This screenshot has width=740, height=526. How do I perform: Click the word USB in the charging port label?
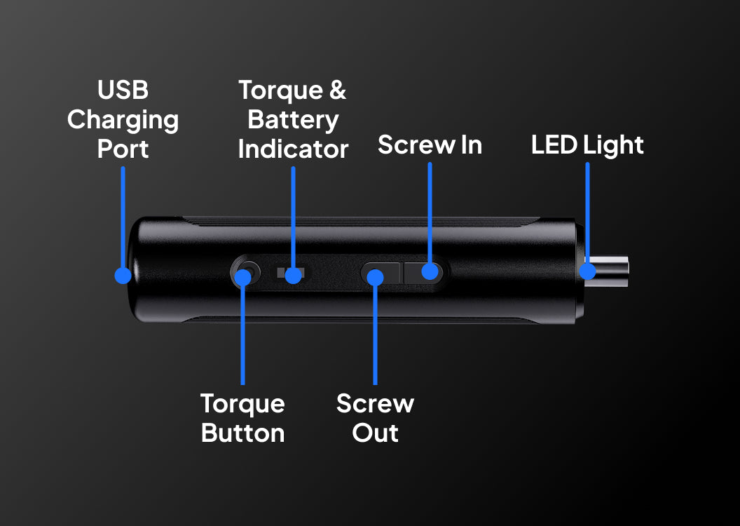coord(123,90)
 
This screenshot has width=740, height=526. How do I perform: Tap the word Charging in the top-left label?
coord(123,120)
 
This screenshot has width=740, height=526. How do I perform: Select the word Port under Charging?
coord(123,149)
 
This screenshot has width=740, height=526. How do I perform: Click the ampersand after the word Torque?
coord(338,90)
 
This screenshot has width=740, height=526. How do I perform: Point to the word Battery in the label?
coord(293,120)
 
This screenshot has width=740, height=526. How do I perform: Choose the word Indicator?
coord(293,149)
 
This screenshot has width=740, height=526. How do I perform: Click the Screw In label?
coord(430,144)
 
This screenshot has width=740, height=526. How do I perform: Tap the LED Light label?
coord(587,145)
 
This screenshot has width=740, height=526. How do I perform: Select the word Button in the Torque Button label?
coord(243,433)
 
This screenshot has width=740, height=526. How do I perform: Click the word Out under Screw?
coord(375,433)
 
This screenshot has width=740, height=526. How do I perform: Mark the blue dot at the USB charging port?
coord(123,276)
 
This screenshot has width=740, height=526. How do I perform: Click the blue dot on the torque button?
coord(243,278)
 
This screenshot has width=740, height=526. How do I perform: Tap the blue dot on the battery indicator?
coord(293,276)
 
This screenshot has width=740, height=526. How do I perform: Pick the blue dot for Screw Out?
coord(375,278)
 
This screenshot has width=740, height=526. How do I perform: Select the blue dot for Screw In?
coord(430,271)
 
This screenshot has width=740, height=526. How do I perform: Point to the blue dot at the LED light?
coord(587,271)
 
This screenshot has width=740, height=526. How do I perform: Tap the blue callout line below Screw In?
coord(430,213)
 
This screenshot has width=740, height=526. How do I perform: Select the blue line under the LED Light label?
coord(587,213)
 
